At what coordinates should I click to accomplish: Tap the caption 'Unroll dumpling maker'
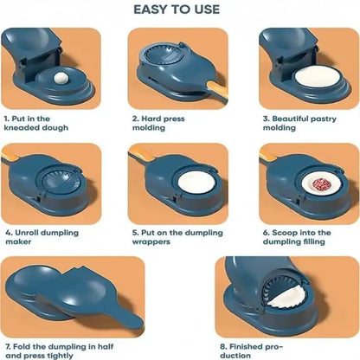tap(39, 237)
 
